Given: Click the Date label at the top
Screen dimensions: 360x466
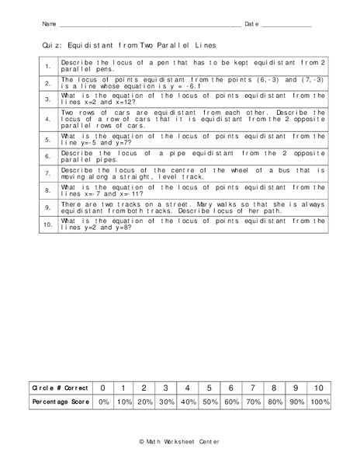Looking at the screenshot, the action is (251, 25).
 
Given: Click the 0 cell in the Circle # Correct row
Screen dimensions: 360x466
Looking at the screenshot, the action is (102, 387).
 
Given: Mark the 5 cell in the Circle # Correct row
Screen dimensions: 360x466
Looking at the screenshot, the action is (208, 387).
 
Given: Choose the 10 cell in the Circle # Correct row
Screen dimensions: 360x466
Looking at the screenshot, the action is (318, 387).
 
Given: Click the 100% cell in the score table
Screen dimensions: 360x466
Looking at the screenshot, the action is (318, 402).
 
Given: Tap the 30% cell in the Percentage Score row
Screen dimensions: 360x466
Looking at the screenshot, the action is (165, 402).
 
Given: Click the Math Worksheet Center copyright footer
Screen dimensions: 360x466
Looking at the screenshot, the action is (179, 441).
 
